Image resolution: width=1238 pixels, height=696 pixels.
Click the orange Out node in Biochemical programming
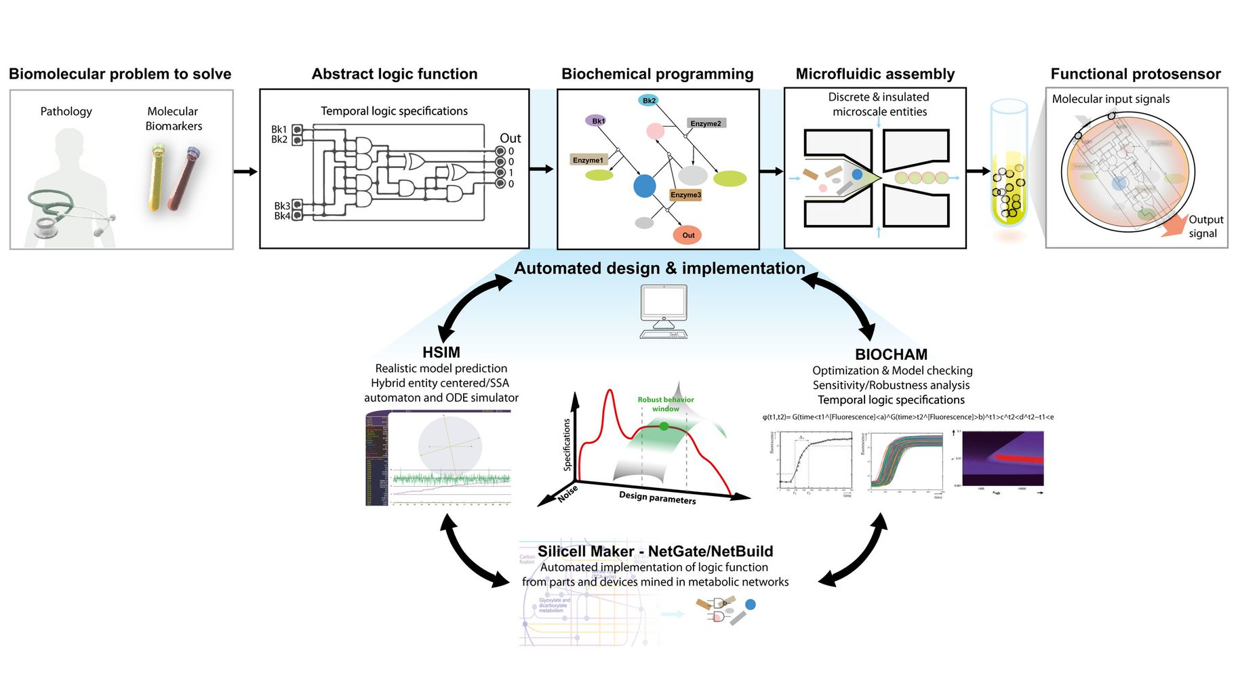point(687,235)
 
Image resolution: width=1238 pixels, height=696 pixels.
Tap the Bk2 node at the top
point(649,100)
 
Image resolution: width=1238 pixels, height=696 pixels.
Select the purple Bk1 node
point(596,121)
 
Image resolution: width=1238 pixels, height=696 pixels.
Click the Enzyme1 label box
point(588,160)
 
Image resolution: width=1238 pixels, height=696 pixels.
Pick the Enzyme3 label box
point(685,195)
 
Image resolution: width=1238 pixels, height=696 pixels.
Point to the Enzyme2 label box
point(705,123)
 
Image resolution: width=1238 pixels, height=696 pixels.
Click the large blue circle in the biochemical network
point(644,186)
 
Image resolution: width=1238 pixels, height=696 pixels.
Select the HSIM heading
point(441,352)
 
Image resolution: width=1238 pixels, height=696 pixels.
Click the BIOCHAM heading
point(891,354)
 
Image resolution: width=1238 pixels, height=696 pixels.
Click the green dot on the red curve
point(664,426)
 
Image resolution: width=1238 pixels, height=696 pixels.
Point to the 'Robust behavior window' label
point(665,404)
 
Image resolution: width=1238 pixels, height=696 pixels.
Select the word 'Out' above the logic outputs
point(510,138)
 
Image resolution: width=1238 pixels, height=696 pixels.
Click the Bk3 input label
point(282,205)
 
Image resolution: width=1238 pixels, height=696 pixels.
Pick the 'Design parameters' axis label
point(657,497)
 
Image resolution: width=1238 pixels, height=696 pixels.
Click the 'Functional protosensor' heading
point(1135,74)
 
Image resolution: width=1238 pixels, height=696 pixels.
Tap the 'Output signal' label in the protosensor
point(1205,226)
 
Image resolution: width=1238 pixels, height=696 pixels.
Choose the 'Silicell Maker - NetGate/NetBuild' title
point(655,552)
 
